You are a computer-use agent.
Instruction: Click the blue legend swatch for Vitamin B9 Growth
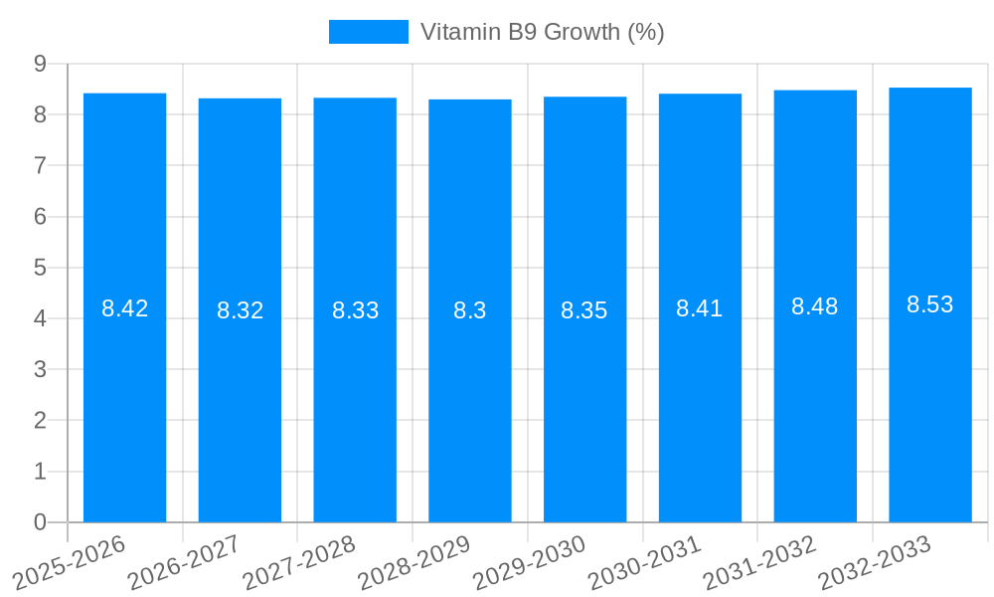pyautogui.click(x=368, y=32)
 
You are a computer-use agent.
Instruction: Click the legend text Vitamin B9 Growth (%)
pyautogui.click(x=542, y=32)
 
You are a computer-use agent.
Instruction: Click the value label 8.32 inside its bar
pyautogui.click(x=240, y=310)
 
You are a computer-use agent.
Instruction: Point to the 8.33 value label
pyautogui.click(x=355, y=310)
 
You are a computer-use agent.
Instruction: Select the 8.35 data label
pyautogui.click(x=584, y=310)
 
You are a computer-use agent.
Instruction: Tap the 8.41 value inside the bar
pyautogui.click(x=700, y=308)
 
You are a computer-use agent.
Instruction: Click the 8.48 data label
pyautogui.click(x=815, y=306)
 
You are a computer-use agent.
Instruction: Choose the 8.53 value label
pyautogui.click(x=930, y=304)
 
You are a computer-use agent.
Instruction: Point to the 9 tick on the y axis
pyautogui.click(x=40, y=64)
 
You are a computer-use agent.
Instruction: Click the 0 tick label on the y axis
pyautogui.click(x=40, y=522)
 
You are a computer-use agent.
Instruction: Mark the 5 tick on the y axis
pyautogui.click(x=40, y=268)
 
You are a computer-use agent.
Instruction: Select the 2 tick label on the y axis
pyautogui.click(x=40, y=421)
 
